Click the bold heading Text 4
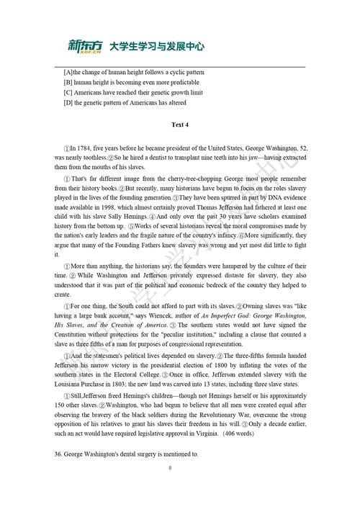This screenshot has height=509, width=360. click(x=180, y=125)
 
